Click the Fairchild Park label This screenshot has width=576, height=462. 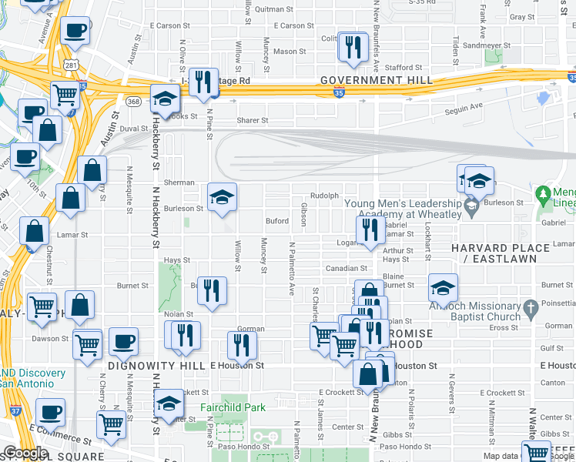[x=233, y=407]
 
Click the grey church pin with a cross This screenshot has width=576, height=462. [x=531, y=310]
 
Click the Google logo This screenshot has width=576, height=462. [x=25, y=453]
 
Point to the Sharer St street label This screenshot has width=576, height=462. [x=252, y=120]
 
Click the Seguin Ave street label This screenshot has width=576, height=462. [x=465, y=105]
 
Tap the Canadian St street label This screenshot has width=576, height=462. [x=346, y=269]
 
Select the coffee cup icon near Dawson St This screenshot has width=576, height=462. [x=122, y=341]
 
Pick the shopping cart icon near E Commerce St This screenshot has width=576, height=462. [x=112, y=424]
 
